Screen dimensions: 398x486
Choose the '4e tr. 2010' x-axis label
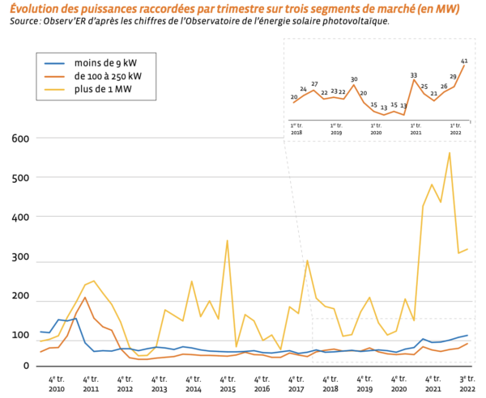tap(56, 383)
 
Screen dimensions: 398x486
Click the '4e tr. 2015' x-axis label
tap(228, 383)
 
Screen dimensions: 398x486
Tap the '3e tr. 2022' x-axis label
tap(467, 383)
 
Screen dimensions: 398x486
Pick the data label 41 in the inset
tap(464, 61)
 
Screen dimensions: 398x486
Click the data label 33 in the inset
tap(414, 74)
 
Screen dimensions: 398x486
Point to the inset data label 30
tap(354, 79)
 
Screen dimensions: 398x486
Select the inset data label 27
tap(314, 84)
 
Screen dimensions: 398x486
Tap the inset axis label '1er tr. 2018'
tap(296, 129)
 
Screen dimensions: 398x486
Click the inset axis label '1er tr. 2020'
tap(376, 129)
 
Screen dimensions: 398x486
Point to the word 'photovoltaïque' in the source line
tap(356, 22)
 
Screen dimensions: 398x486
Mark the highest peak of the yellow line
tap(450, 152)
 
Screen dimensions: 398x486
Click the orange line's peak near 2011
tap(85, 297)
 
